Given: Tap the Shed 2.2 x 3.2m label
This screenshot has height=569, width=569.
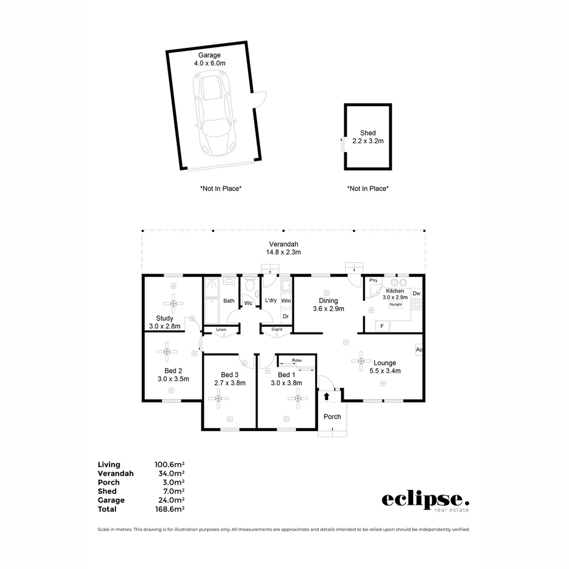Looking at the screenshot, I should pyautogui.click(x=368, y=137).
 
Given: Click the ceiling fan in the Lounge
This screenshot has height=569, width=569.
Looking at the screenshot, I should pyautogui.click(x=361, y=361).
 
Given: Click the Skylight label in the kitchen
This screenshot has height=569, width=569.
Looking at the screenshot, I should pyautogui.click(x=395, y=305).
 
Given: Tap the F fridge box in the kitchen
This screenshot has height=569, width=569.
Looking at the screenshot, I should pyautogui.click(x=382, y=327).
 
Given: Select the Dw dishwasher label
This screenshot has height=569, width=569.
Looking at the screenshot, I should pyautogui.click(x=416, y=293).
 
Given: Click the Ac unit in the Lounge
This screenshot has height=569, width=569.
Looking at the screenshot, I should pyautogui.click(x=419, y=350).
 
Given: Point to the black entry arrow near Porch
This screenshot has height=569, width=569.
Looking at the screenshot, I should pyautogui.click(x=327, y=396).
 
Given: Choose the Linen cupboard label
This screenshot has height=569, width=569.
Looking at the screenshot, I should pyautogui.click(x=221, y=330).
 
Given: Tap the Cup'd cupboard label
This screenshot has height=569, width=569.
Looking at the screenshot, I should pyautogui.click(x=277, y=330).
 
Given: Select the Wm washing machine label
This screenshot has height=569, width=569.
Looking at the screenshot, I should pyautogui.click(x=286, y=300).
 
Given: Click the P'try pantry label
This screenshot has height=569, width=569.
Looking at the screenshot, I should pyautogui.click(x=374, y=281).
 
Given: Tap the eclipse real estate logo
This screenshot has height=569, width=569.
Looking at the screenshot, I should pyautogui.click(x=425, y=501).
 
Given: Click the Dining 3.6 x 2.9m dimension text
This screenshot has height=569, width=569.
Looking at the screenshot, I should pyautogui.click(x=328, y=309).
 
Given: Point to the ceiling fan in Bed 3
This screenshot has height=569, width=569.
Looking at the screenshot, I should pyautogui.click(x=219, y=399).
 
